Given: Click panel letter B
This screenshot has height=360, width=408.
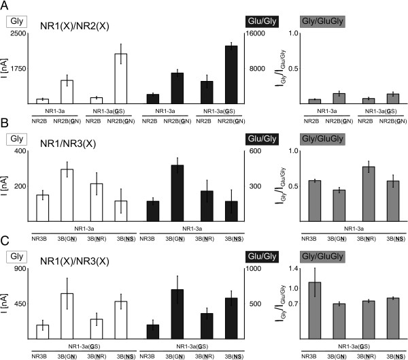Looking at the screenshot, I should pos(5,123).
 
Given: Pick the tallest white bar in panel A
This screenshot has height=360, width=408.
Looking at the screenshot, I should pos(121,78).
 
